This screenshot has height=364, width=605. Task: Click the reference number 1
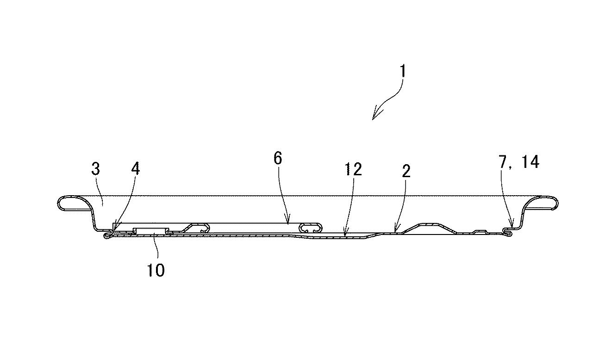tap(403, 71)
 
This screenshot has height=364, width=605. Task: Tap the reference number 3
tap(96, 169)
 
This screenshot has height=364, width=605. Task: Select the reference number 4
tap(135, 169)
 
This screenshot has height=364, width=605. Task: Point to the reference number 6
tap(278, 158)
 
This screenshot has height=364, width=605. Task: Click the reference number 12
tap(353, 169)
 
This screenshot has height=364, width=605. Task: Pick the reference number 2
tap(406, 171)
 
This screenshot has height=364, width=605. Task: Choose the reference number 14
tap(530, 162)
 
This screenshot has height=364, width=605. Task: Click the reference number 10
tap(156, 270)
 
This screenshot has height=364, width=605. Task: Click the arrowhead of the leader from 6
tap(288, 221)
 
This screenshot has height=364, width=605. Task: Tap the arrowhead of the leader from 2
tap(395, 229)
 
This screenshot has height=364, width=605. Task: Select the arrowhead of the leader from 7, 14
tap(511, 224)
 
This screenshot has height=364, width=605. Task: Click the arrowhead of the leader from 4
tap(115, 227)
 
